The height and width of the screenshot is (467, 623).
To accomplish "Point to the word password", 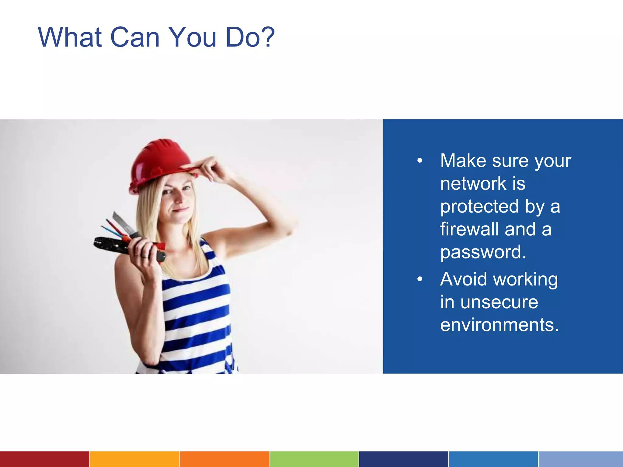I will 483,252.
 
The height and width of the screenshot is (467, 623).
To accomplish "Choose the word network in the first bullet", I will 473,184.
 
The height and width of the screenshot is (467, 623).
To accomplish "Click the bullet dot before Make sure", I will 420,161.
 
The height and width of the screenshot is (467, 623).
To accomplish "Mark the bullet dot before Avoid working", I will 420,279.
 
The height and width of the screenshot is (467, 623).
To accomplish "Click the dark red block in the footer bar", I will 44,459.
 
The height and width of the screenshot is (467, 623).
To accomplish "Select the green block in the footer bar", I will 314,459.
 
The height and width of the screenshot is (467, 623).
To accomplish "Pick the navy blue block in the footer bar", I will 404,459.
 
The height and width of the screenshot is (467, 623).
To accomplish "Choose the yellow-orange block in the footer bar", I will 134,459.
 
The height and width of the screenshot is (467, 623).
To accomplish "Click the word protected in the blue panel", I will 479,206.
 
